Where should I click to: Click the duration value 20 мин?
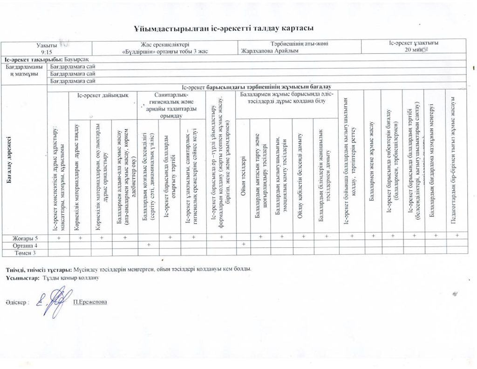pos(413,50)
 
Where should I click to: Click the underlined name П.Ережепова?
pos(90,302)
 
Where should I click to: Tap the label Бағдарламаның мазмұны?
pos(25,70)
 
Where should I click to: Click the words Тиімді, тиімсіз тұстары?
pos(38,270)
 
